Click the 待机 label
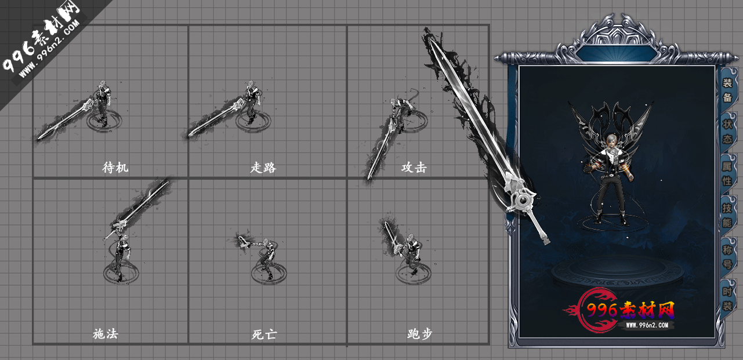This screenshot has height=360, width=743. (x=115, y=168)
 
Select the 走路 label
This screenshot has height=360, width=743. (x=263, y=168)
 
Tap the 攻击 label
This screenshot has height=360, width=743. (x=414, y=168)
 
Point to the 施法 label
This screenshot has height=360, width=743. (x=105, y=334)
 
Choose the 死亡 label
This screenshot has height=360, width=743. (x=264, y=334)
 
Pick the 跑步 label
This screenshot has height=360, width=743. (x=419, y=334)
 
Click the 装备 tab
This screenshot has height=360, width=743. (x=727, y=89)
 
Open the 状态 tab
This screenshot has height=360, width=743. (x=727, y=132)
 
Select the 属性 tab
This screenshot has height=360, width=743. (x=727, y=173)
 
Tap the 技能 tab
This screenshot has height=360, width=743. (x=727, y=214)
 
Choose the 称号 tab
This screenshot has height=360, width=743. (x=727, y=257)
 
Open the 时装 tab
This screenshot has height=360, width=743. (x=727, y=299)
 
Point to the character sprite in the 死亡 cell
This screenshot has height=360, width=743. (x=266, y=257)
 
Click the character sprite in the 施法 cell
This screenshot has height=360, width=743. (x=120, y=252)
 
